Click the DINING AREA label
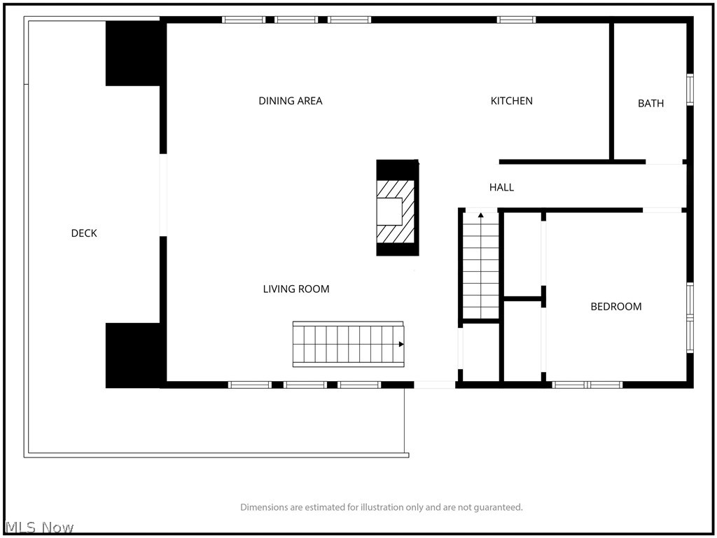(x=291, y=101)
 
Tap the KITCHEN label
(x=511, y=101)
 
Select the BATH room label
(x=650, y=104)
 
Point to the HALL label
(x=501, y=187)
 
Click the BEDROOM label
(x=616, y=307)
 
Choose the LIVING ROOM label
(x=296, y=289)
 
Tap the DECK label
(x=84, y=233)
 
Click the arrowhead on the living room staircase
(x=401, y=344)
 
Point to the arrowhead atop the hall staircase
(x=480, y=214)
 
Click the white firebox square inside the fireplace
(x=389, y=212)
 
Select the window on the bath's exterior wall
(x=690, y=90)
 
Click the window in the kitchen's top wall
(x=516, y=20)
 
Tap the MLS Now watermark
(x=39, y=527)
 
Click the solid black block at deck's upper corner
(x=133, y=53)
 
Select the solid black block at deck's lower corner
(x=133, y=355)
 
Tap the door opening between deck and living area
(x=162, y=195)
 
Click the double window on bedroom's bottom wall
(x=587, y=385)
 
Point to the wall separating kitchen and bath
(x=611, y=92)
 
